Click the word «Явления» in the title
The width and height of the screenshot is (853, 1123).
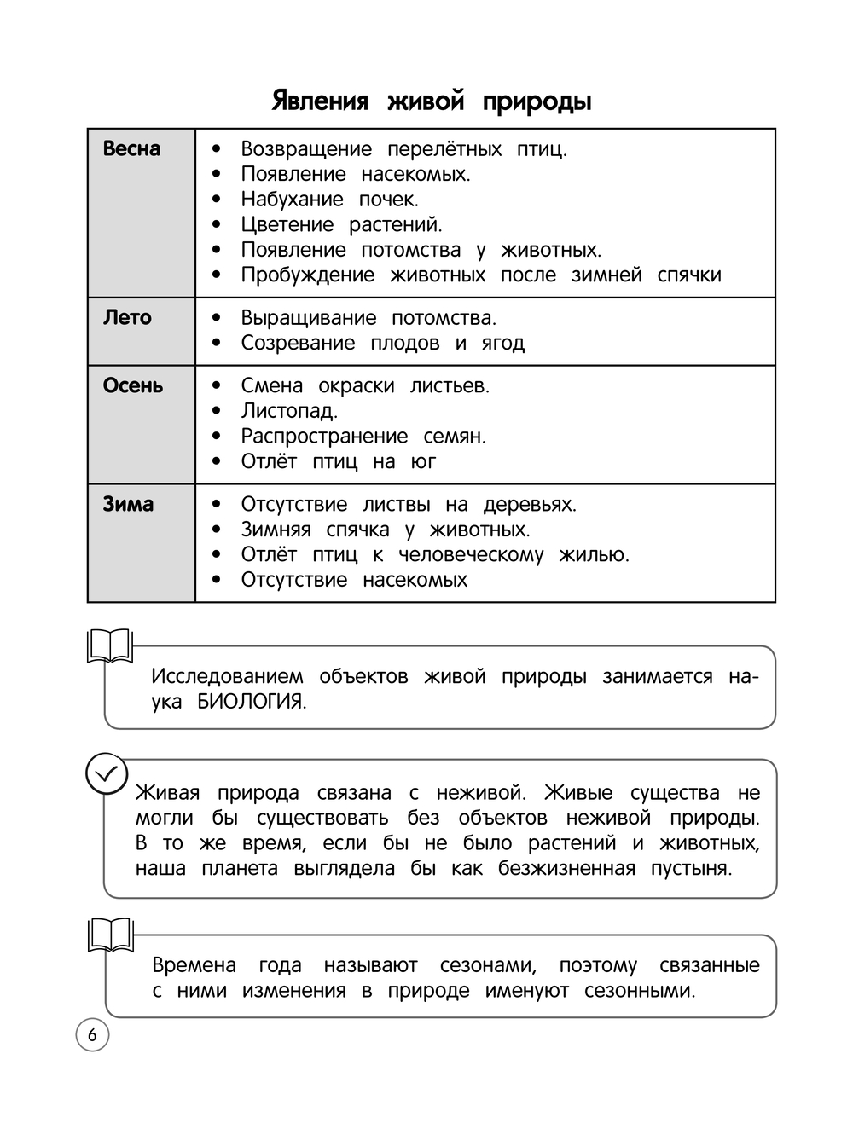[320, 101]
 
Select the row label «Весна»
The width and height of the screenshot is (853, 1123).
[131, 148]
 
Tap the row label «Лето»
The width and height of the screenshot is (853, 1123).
[127, 317]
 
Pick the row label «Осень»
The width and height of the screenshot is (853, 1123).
[132, 385]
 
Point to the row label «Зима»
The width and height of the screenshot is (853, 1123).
[128, 504]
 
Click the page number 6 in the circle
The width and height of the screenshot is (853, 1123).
[92, 1035]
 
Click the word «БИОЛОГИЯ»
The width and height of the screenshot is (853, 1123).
[252, 702]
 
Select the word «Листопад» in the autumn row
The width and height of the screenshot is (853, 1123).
[288, 411]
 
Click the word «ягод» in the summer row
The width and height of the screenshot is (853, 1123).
[503, 344]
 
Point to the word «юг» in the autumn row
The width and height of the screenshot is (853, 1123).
[424, 462]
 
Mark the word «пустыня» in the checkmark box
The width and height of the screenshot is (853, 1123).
[691, 869]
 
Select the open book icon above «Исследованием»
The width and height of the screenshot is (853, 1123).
[110, 647]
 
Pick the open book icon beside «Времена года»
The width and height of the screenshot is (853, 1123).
[110, 935]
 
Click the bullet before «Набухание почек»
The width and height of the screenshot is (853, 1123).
[217, 200]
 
